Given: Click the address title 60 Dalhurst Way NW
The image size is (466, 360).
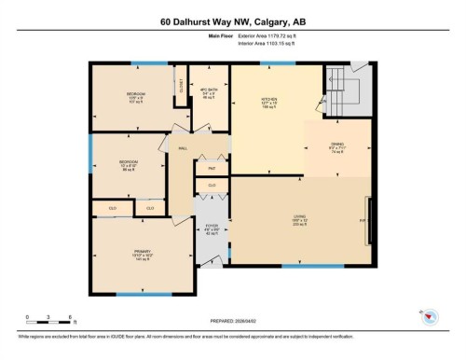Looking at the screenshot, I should (x=232, y=21).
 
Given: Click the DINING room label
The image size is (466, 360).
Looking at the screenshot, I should (x=337, y=145).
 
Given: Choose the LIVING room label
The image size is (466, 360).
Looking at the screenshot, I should (x=300, y=220).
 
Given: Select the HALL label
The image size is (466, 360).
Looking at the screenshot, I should (x=183, y=146).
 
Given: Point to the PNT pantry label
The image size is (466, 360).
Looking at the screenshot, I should (x=212, y=168).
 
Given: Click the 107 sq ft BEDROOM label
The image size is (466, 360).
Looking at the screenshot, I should (x=135, y=97).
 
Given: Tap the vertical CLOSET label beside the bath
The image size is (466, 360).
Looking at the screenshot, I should (x=181, y=86).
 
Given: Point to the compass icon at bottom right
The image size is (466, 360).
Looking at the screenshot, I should (x=429, y=317).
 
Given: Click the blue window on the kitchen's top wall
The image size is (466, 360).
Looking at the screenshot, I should (x=277, y=62).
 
